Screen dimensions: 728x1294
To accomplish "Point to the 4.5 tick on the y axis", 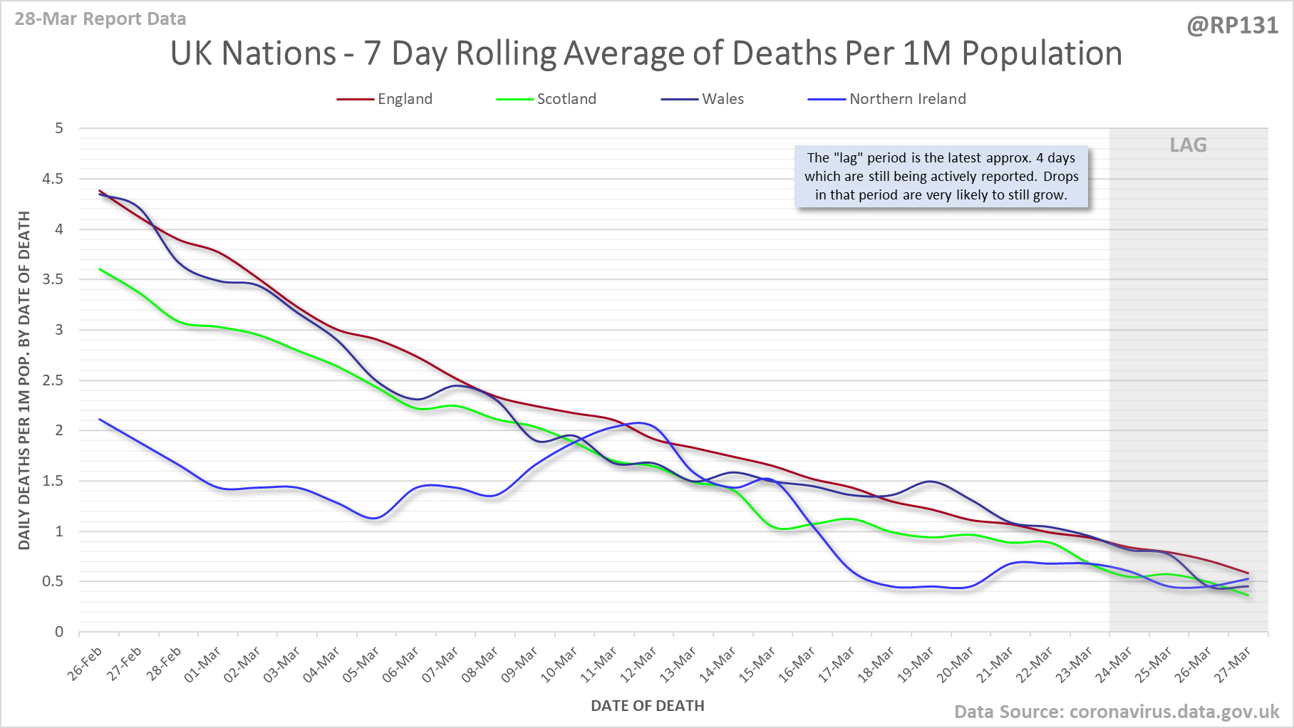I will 53,179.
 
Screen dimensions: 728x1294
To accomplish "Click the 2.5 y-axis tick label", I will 53,380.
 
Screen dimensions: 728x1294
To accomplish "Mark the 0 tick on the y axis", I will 59,632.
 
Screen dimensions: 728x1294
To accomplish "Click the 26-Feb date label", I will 86,664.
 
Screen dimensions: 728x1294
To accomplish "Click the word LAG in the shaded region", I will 1188,145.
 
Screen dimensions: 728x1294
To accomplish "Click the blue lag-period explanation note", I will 941,177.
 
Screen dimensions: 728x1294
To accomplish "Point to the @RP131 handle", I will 1232,26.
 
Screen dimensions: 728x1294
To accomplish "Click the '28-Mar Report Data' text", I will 100,19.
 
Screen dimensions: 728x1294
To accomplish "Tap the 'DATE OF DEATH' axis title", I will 647,706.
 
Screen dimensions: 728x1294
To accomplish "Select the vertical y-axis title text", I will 24,380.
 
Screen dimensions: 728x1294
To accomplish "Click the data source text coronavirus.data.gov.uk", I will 1117,712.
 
